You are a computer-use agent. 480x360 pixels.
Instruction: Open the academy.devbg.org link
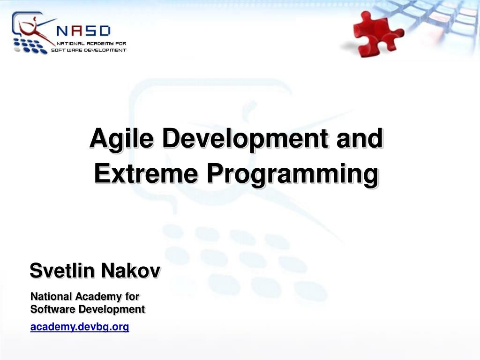click(79, 327)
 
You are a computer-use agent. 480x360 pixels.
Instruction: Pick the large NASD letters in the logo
click(83, 31)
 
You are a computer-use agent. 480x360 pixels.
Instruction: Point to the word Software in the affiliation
click(52, 309)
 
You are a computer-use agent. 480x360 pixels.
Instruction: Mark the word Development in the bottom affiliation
click(112, 309)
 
